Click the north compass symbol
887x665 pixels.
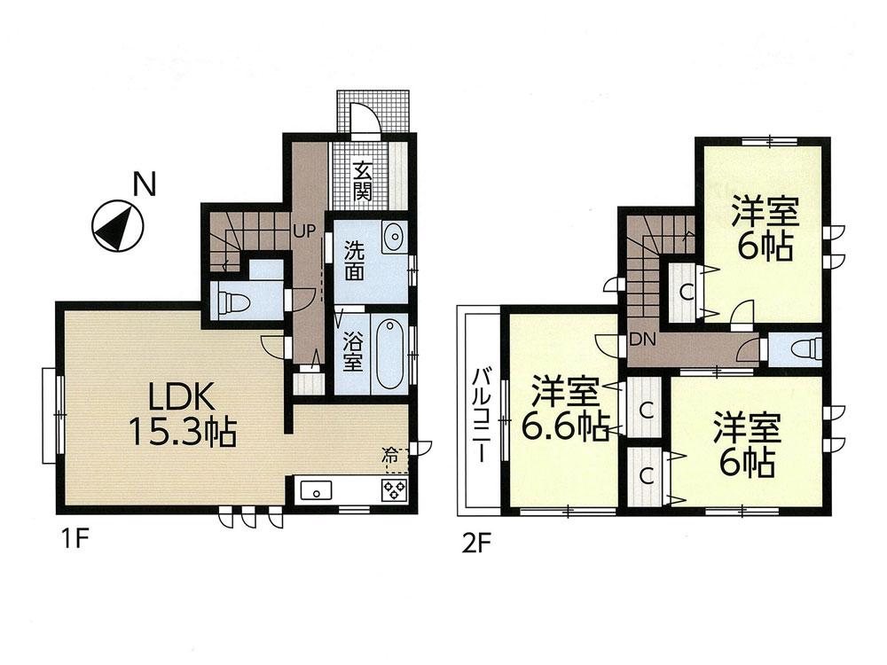click(117, 226)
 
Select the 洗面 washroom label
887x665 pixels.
click(354, 261)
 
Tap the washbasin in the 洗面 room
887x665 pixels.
click(393, 238)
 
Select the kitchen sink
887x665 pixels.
click(316, 490)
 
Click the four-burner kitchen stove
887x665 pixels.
click(393, 490)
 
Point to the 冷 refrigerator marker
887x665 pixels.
click(390, 458)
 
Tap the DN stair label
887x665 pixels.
click(642, 339)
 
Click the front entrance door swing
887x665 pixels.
click(366, 119)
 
